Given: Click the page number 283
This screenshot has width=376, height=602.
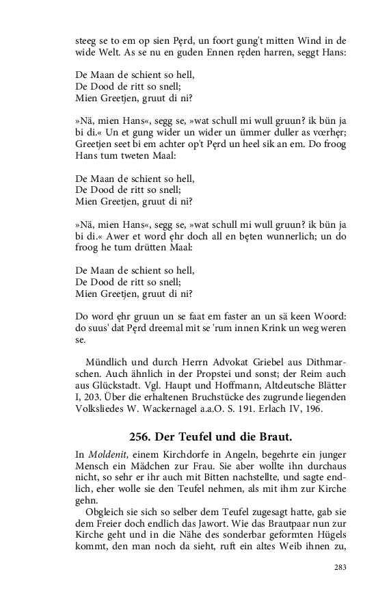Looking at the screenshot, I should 340,567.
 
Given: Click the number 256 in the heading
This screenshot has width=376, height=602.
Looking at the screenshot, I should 142,436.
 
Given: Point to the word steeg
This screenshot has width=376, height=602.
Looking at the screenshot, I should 87,40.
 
